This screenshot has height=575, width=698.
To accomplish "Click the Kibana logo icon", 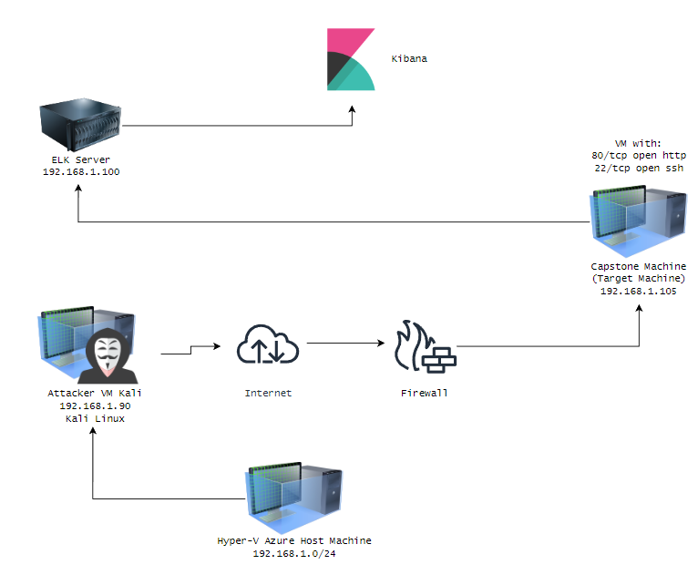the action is pos(351,59).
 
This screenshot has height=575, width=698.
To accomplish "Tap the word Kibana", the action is pos(409,58).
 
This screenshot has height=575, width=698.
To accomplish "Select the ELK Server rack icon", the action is pos(80,125).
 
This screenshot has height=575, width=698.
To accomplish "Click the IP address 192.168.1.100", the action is pos(81,172).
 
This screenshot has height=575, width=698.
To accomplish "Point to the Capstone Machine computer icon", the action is pos(638,221).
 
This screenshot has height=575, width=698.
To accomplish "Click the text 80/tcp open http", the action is pos(639,155).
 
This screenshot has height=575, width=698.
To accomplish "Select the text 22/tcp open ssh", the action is pos(639,169).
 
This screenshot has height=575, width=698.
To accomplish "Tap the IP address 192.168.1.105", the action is pos(639,291).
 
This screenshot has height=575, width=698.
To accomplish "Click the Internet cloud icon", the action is pos(268,344).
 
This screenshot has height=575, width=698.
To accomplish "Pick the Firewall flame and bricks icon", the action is pos(426,345).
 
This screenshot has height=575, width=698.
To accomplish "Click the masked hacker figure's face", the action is pos(108,354).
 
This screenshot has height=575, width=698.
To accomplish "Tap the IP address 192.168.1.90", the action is pos(95,406).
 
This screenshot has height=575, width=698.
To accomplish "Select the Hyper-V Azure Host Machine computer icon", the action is pos(293,498).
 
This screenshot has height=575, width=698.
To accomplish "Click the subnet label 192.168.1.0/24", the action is pos(294,554).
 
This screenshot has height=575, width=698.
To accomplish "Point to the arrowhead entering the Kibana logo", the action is pos(352,109).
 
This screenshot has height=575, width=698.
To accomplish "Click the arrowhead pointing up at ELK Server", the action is pos(78,189).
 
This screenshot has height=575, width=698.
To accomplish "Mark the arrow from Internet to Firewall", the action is pos(346,344).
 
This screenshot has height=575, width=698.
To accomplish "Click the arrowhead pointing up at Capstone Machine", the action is pos(640,308).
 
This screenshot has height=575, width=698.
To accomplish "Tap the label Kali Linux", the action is pos(95,419).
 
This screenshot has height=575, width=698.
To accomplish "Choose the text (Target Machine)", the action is pos(639,279).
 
